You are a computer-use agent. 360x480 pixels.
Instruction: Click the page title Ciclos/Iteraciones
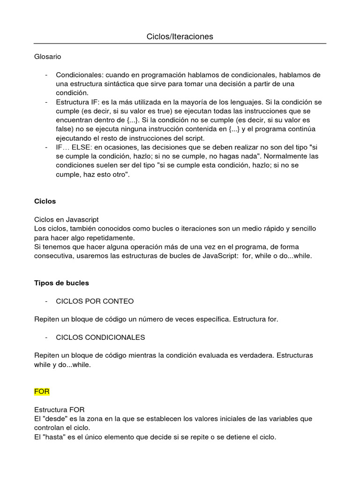(x=180, y=37)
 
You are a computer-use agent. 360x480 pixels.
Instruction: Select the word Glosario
(x=48, y=57)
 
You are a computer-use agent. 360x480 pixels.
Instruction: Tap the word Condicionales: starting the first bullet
(x=80, y=75)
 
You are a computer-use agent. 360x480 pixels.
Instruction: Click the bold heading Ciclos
(x=45, y=201)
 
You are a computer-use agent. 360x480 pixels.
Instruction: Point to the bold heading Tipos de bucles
(x=61, y=283)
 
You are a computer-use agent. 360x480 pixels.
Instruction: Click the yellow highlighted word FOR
(x=42, y=391)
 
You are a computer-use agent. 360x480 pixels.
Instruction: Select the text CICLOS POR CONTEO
(x=95, y=301)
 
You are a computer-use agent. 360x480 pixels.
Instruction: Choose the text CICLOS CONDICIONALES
(x=100, y=337)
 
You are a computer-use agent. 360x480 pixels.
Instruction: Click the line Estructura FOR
(x=60, y=409)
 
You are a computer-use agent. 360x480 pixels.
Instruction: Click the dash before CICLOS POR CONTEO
(x=46, y=301)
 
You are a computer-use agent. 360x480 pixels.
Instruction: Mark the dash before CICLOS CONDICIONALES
(x=46, y=337)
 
